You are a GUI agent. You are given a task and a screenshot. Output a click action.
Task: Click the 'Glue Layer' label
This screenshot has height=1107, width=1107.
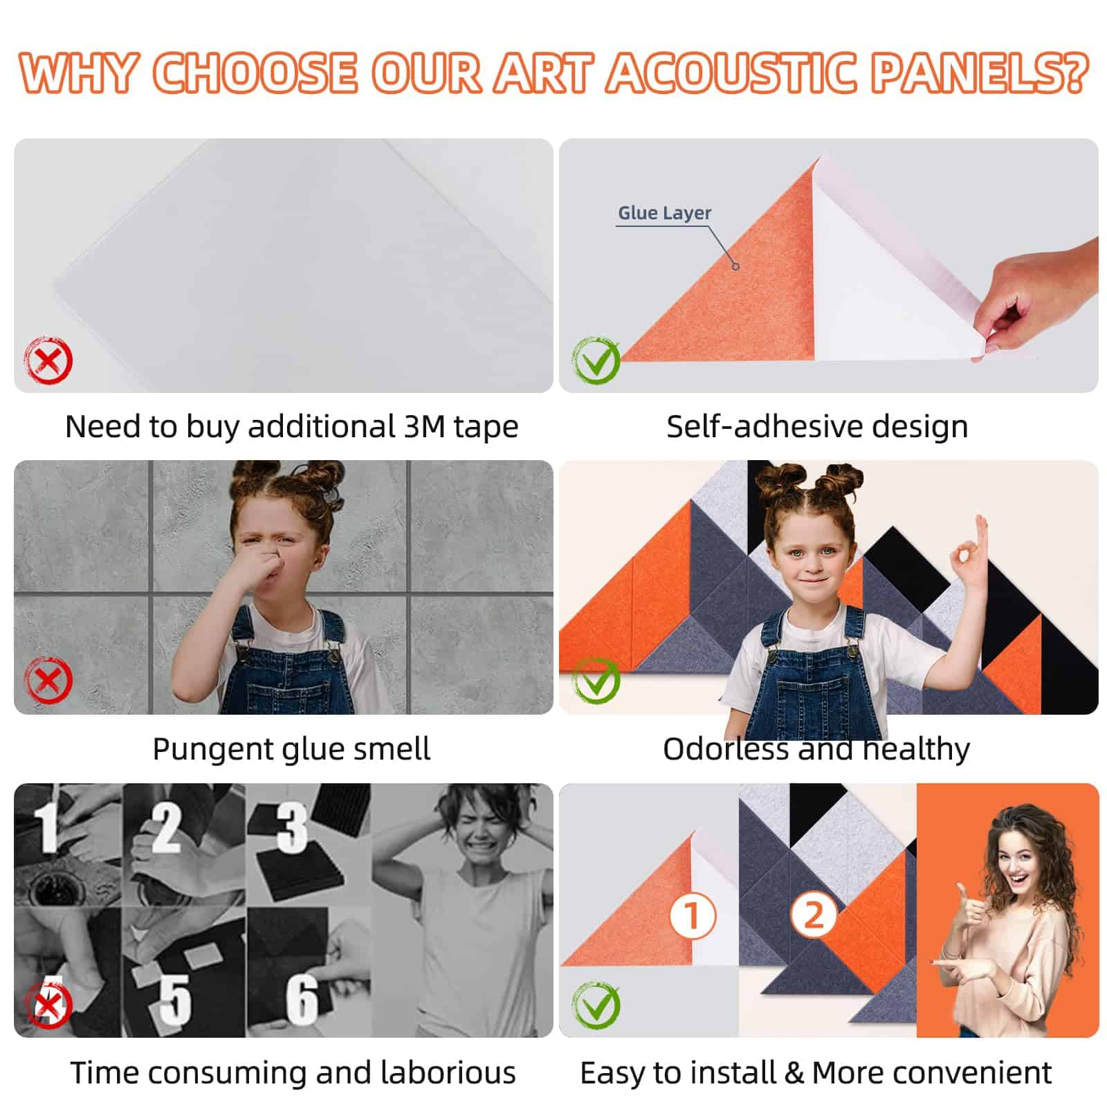664,213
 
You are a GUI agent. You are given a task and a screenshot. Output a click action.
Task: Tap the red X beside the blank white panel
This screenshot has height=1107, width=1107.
48,360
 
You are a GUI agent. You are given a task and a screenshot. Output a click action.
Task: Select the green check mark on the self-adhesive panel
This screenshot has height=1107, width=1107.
596,360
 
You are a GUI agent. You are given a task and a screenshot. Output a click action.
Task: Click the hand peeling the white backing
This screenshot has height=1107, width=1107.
1037,298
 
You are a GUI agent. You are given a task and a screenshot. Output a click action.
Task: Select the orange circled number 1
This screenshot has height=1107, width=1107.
693,916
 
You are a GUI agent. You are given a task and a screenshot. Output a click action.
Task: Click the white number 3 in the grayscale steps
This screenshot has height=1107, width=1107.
292,827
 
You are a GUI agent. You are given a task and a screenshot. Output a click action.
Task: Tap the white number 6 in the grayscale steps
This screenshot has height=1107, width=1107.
302,999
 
